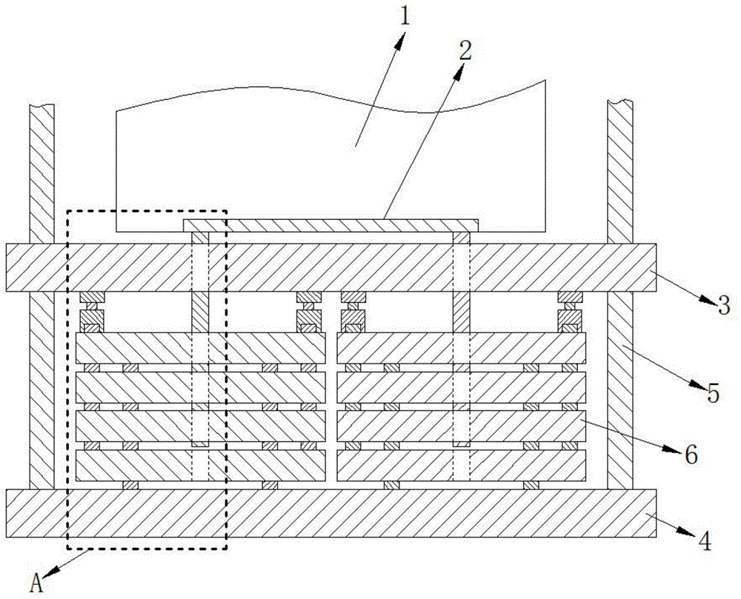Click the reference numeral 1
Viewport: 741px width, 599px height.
pos(404,17)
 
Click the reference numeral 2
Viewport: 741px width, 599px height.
pos(465,50)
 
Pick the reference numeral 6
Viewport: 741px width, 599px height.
pos(691,455)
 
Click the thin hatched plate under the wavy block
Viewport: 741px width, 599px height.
pos(331,224)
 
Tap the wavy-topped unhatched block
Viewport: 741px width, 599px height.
pos(326,155)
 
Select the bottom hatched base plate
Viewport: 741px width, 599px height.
pos(330,512)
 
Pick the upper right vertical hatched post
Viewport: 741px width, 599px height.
pos(620,170)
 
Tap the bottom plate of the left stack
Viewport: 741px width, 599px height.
pos(200,466)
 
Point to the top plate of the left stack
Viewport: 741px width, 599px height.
pos(200,347)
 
